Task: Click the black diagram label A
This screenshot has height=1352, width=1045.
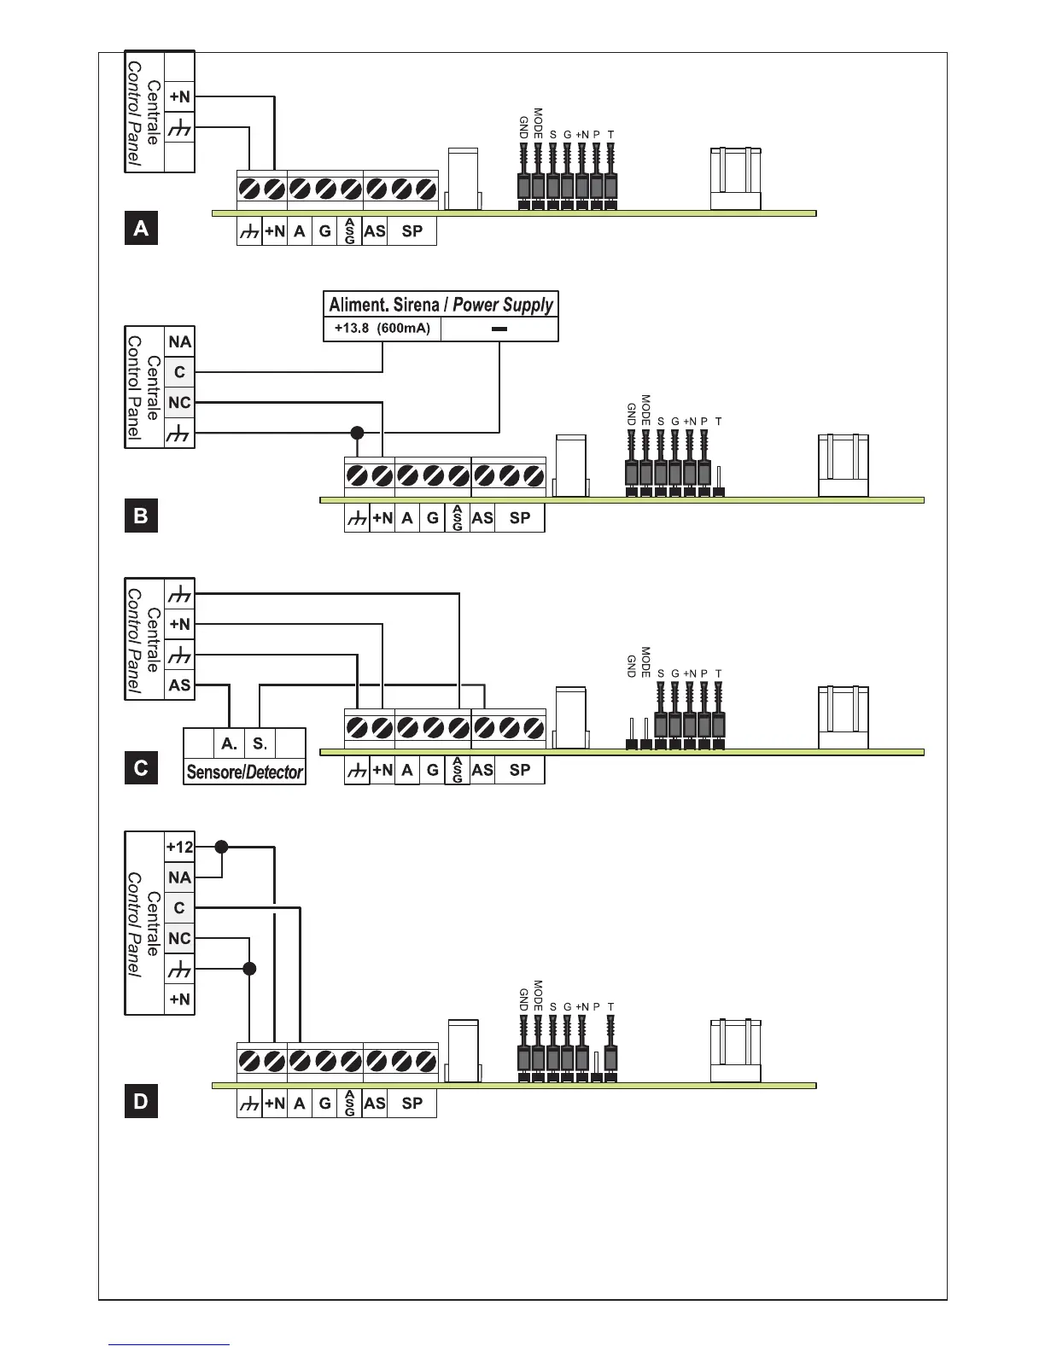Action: tap(141, 229)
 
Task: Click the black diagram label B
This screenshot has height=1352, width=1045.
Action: tap(141, 516)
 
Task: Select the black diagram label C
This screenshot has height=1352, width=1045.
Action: tap(141, 768)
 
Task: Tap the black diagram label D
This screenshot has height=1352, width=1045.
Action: tap(141, 1101)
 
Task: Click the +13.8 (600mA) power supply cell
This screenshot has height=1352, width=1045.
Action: tap(382, 329)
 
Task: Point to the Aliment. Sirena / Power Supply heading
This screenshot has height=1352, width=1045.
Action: tap(441, 305)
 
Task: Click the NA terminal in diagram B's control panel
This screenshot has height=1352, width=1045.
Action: tap(179, 342)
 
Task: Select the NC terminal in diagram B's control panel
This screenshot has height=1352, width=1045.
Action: tap(179, 403)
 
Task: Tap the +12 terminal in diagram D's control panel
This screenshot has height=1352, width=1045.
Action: tap(179, 848)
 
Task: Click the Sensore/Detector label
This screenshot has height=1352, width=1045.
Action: tap(244, 772)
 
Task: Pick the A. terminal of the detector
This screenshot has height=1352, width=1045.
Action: tap(229, 743)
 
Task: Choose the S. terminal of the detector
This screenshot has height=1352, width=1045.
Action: tap(260, 743)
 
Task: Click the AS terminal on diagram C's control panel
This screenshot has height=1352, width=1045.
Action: tap(179, 685)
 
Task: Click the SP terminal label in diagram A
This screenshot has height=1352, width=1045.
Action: tap(412, 231)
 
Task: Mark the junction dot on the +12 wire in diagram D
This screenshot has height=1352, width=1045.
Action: tap(222, 847)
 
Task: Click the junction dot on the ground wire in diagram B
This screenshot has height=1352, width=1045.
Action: tap(358, 433)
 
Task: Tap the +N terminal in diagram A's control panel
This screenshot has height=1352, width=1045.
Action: tap(179, 97)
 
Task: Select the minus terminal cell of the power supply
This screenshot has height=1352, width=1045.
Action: tap(499, 329)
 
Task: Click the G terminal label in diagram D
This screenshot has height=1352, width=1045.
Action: tap(324, 1104)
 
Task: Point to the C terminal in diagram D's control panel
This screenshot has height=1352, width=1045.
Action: tap(179, 908)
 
